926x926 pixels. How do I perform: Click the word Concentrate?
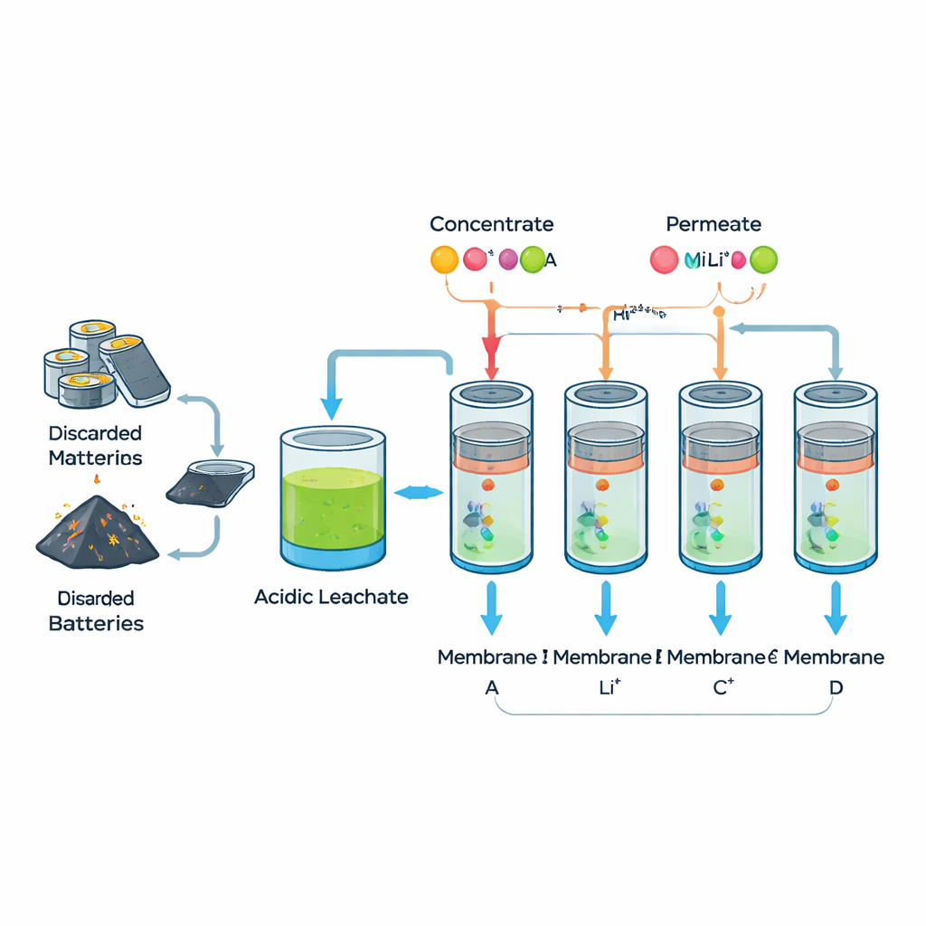click(x=491, y=224)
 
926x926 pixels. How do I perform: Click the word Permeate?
click(x=713, y=224)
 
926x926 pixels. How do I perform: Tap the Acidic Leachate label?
click(x=331, y=597)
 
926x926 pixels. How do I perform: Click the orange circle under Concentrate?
click(x=444, y=260)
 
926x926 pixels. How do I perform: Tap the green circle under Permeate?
click(x=764, y=260)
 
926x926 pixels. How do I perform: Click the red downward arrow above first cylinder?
click(x=491, y=353)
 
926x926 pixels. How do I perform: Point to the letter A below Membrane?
click(x=492, y=687)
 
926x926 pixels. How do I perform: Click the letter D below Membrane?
click(x=836, y=687)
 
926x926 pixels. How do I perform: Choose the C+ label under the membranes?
click(x=723, y=687)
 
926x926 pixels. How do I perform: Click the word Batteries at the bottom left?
click(x=96, y=623)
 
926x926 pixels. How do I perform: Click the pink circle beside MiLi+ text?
click(x=664, y=260)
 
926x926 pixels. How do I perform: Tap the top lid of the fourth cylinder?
click(x=836, y=394)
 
